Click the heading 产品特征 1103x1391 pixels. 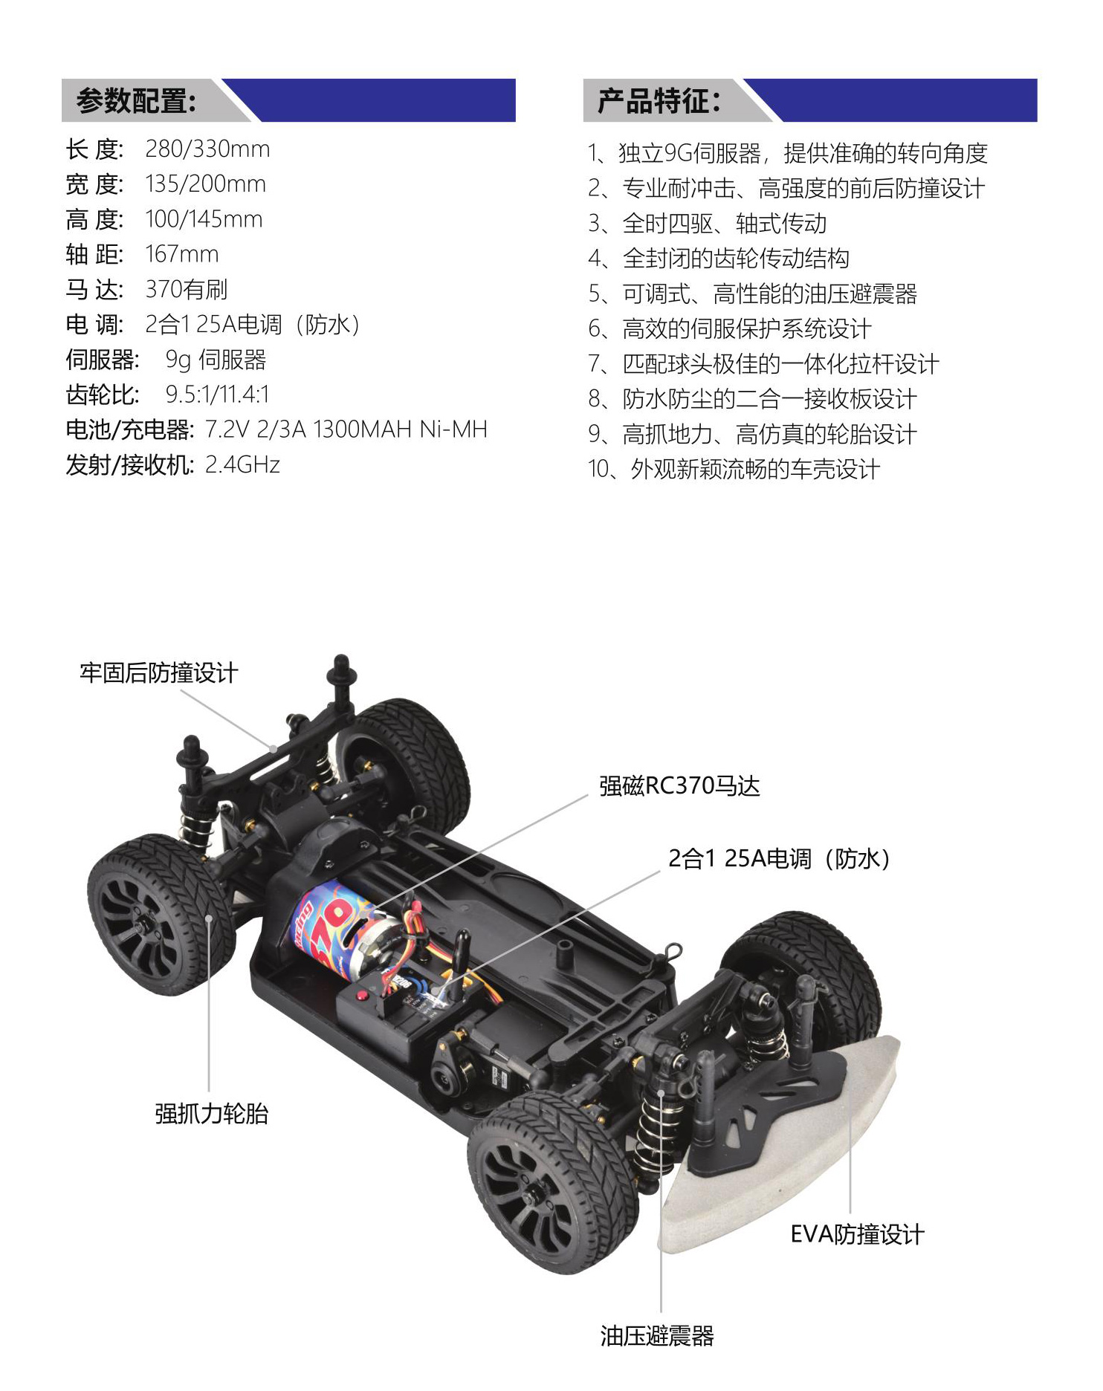click(659, 100)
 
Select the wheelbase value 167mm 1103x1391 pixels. click(182, 254)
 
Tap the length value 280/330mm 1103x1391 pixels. click(207, 149)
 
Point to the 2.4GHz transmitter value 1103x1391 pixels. click(242, 465)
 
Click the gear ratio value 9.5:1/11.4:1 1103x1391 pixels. click(217, 395)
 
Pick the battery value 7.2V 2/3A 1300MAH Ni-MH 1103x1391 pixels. click(346, 429)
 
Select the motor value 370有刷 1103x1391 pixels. click(187, 289)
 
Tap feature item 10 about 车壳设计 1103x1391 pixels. click(734, 470)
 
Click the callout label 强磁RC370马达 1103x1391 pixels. click(679, 786)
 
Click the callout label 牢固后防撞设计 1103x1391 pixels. click(159, 673)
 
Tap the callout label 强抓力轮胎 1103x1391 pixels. click(212, 1114)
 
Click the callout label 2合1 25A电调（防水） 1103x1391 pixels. click(780, 859)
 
